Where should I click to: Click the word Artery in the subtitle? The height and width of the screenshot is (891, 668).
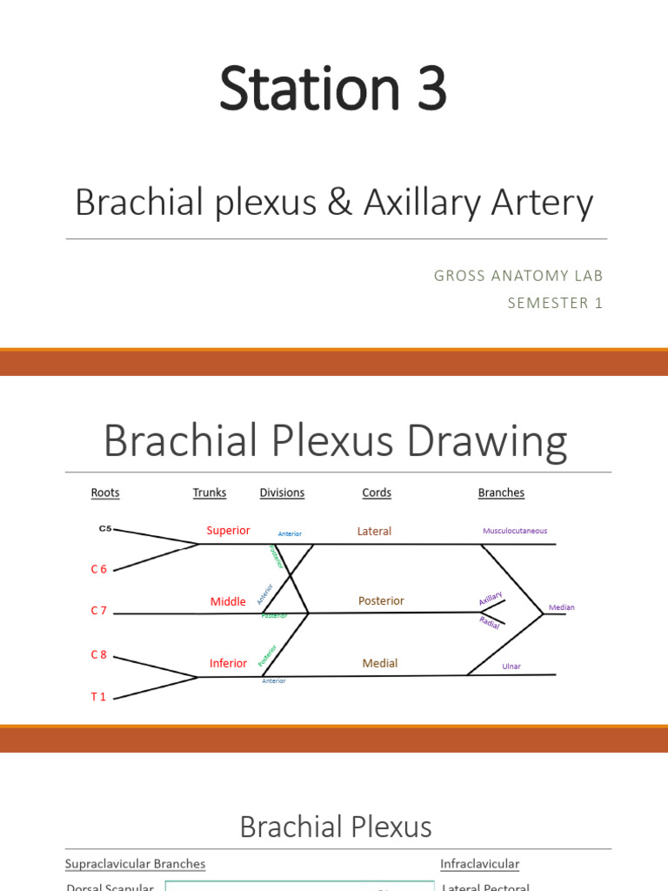coord(548,203)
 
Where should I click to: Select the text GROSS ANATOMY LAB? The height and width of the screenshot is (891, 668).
coord(518,276)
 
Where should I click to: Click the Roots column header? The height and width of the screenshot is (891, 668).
coord(105,492)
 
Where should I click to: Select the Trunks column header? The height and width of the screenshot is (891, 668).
coord(210,492)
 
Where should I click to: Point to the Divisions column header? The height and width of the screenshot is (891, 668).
coord(282,492)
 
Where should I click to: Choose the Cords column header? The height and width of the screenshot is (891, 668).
coord(377,492)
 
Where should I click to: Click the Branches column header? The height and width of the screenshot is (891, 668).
coord(501,492)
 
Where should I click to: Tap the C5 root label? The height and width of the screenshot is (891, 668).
coord(105,528)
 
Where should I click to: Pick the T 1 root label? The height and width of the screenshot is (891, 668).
coord(98,697)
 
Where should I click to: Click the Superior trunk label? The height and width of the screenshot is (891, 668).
coord(228,531)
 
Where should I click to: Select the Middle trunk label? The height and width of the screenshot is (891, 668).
coord(228,601)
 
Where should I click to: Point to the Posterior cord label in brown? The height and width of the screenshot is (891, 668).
coord(381,600)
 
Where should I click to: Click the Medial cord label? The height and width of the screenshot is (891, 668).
coord(379,663)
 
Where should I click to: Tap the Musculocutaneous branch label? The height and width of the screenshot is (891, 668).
coord(515,531)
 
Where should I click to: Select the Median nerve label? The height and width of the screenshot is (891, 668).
coord(561,607)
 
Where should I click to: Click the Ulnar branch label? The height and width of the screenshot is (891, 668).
coord(511,667)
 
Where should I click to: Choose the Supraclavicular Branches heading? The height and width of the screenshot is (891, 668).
coord(136,864)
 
